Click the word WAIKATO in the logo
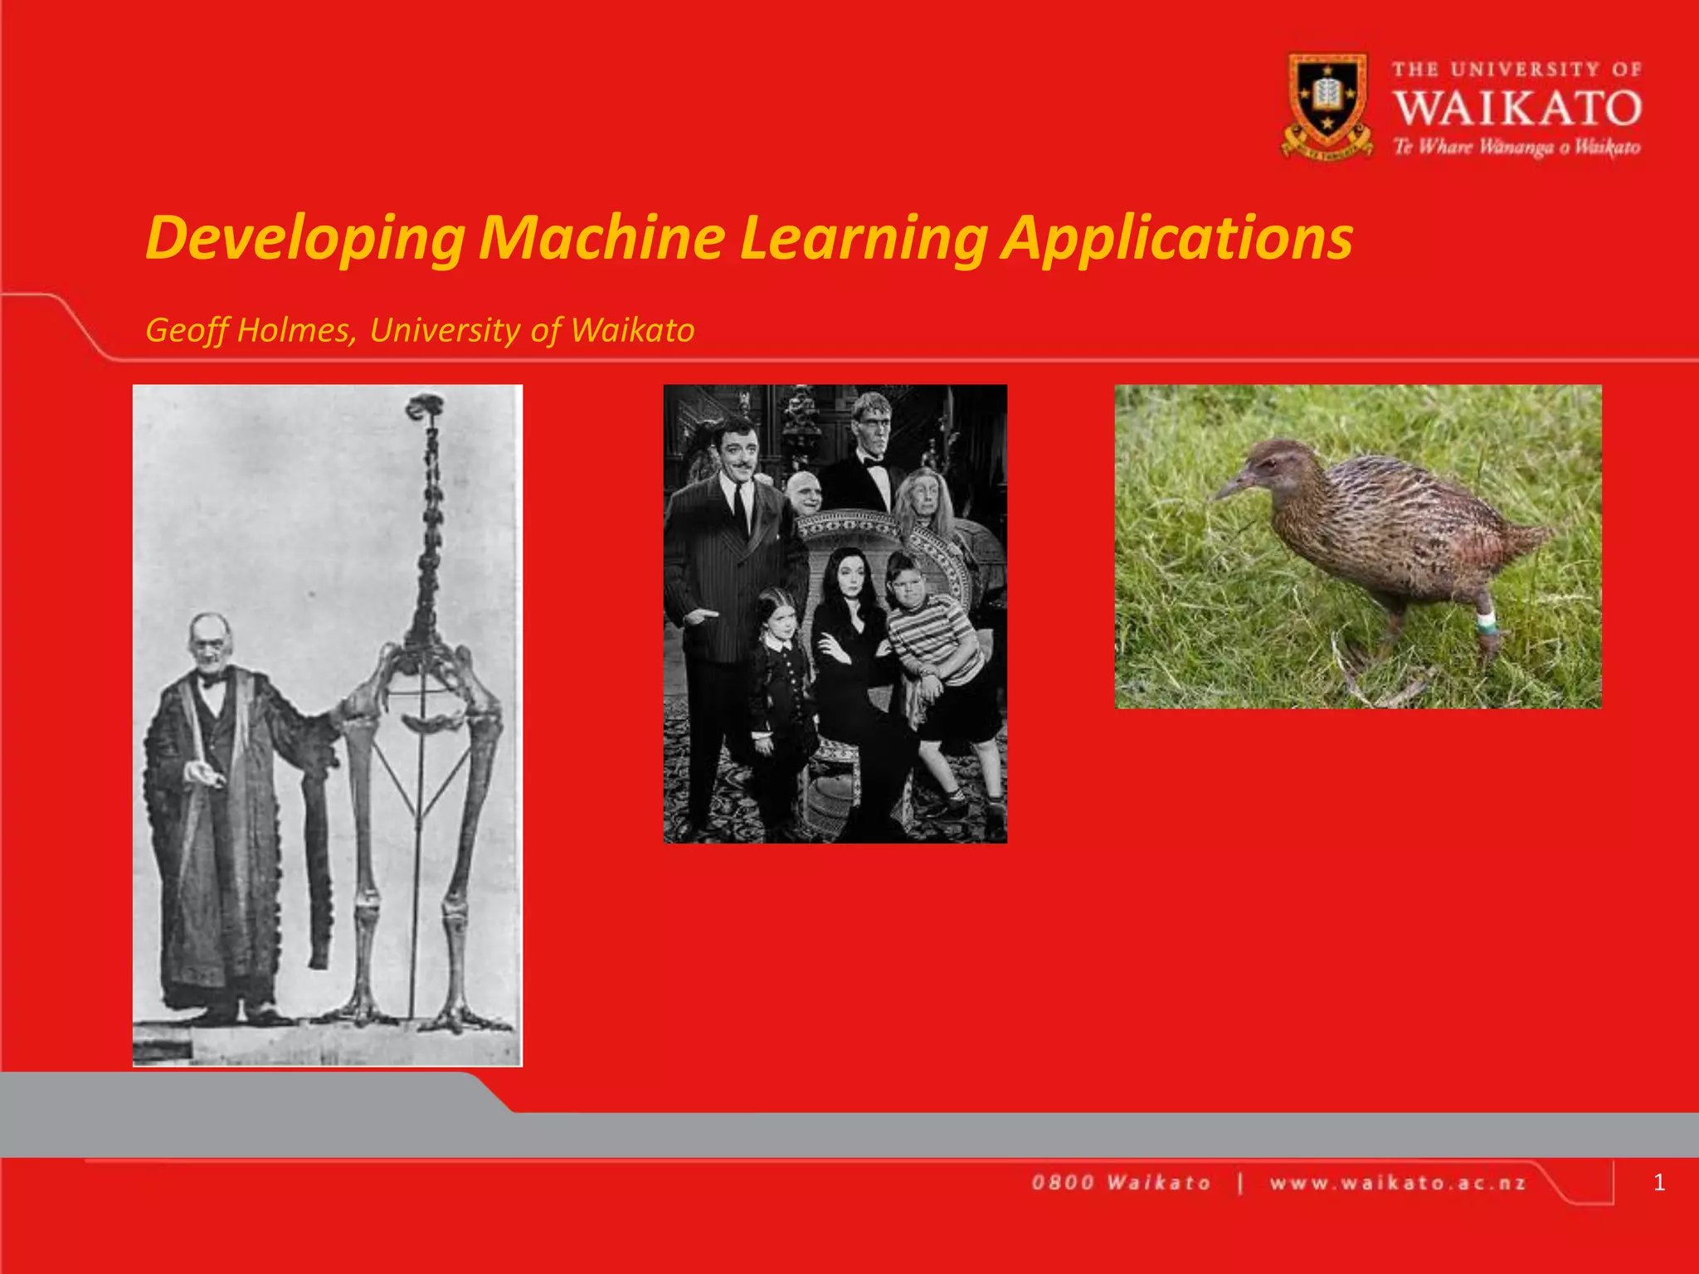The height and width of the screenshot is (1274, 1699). pyautogui.click(x=1517, y=109)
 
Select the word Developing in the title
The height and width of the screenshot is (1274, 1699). pyautogui.click(x=304, y=239)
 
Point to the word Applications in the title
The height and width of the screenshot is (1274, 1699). pyautogui.click(x=1177, y=239)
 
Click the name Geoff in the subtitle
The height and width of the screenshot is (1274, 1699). pyautogui.click(x=187, y=330)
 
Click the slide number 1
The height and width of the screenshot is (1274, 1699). pyautogui.click(x=1658, y=1182)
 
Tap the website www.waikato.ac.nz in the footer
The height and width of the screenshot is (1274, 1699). pyautogui.click(x=1397, y=1183)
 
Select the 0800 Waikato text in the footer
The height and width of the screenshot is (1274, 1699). pyautogui.click(x=1121, y=1183)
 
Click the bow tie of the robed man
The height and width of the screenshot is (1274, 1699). pyautogui.click(x=212, y=681)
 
